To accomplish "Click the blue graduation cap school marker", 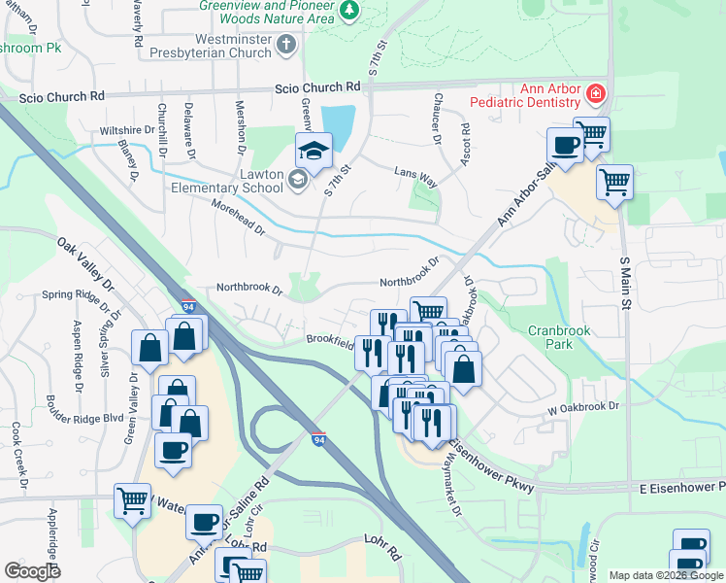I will (313, 152).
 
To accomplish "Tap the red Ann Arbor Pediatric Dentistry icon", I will (596, 94).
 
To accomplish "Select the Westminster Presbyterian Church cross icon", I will (286, 44).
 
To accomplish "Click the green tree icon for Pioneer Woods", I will (349, 10).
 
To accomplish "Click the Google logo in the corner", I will (32, 571).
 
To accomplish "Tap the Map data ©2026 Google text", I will (666, 575).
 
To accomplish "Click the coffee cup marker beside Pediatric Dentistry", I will (564, 147).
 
